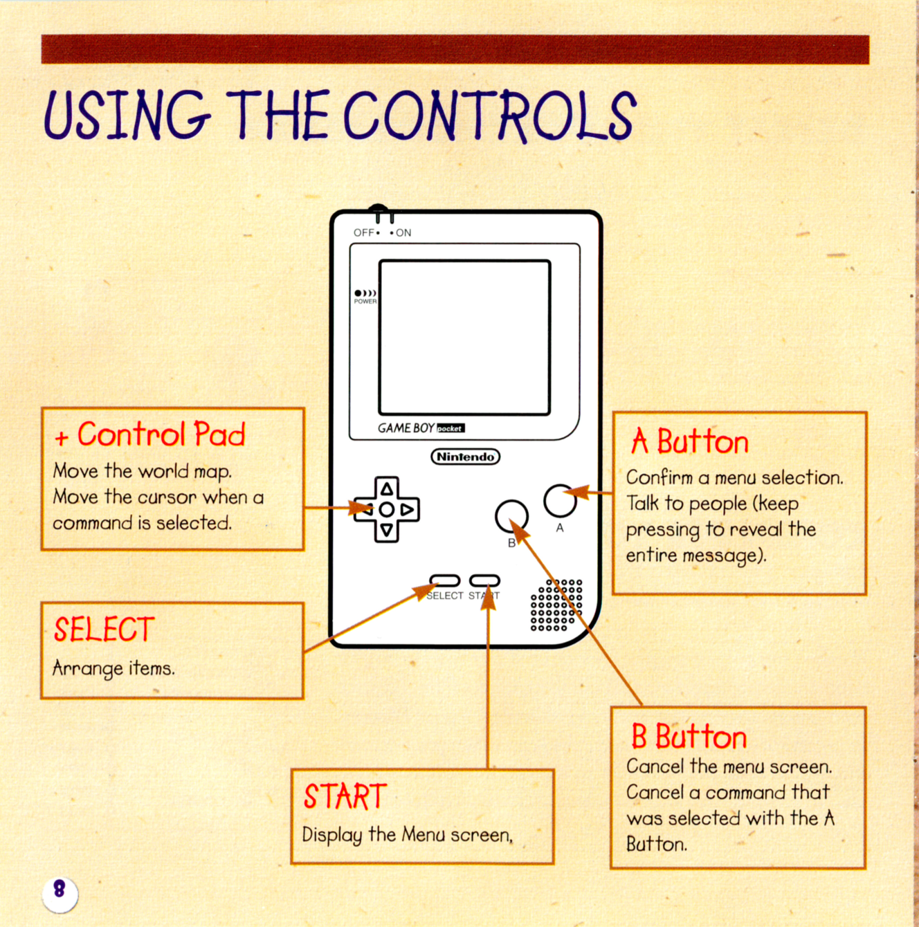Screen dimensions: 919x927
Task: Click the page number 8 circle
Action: tap(60, 894)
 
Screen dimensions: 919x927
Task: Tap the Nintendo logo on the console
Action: tap(465, 457)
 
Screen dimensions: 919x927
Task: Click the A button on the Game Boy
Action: tap(560, 500)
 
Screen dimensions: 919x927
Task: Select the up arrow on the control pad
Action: tap(387, 489)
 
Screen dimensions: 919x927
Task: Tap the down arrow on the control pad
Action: tap(387, 530)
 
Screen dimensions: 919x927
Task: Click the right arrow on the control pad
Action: tap(408, 509)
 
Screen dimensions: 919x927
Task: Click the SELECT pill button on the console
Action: tap(444, 580)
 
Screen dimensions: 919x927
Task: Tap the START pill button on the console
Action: tap(484, 580)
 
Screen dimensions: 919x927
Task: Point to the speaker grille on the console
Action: tap(556, 605)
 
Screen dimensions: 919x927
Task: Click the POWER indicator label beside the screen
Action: tap(365, 302)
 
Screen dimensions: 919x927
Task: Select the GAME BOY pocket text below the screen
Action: tap(421, 428)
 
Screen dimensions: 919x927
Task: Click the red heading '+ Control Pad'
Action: tap(149, 434)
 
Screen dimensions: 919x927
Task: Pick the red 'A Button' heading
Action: tap(689, 441)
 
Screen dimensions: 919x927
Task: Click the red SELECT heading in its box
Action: tap(104, 630)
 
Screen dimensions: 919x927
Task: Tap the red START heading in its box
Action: tap(345, 796)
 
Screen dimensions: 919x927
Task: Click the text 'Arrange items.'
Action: tap(113, 669)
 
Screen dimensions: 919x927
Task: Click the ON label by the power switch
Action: tap(403, 233)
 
